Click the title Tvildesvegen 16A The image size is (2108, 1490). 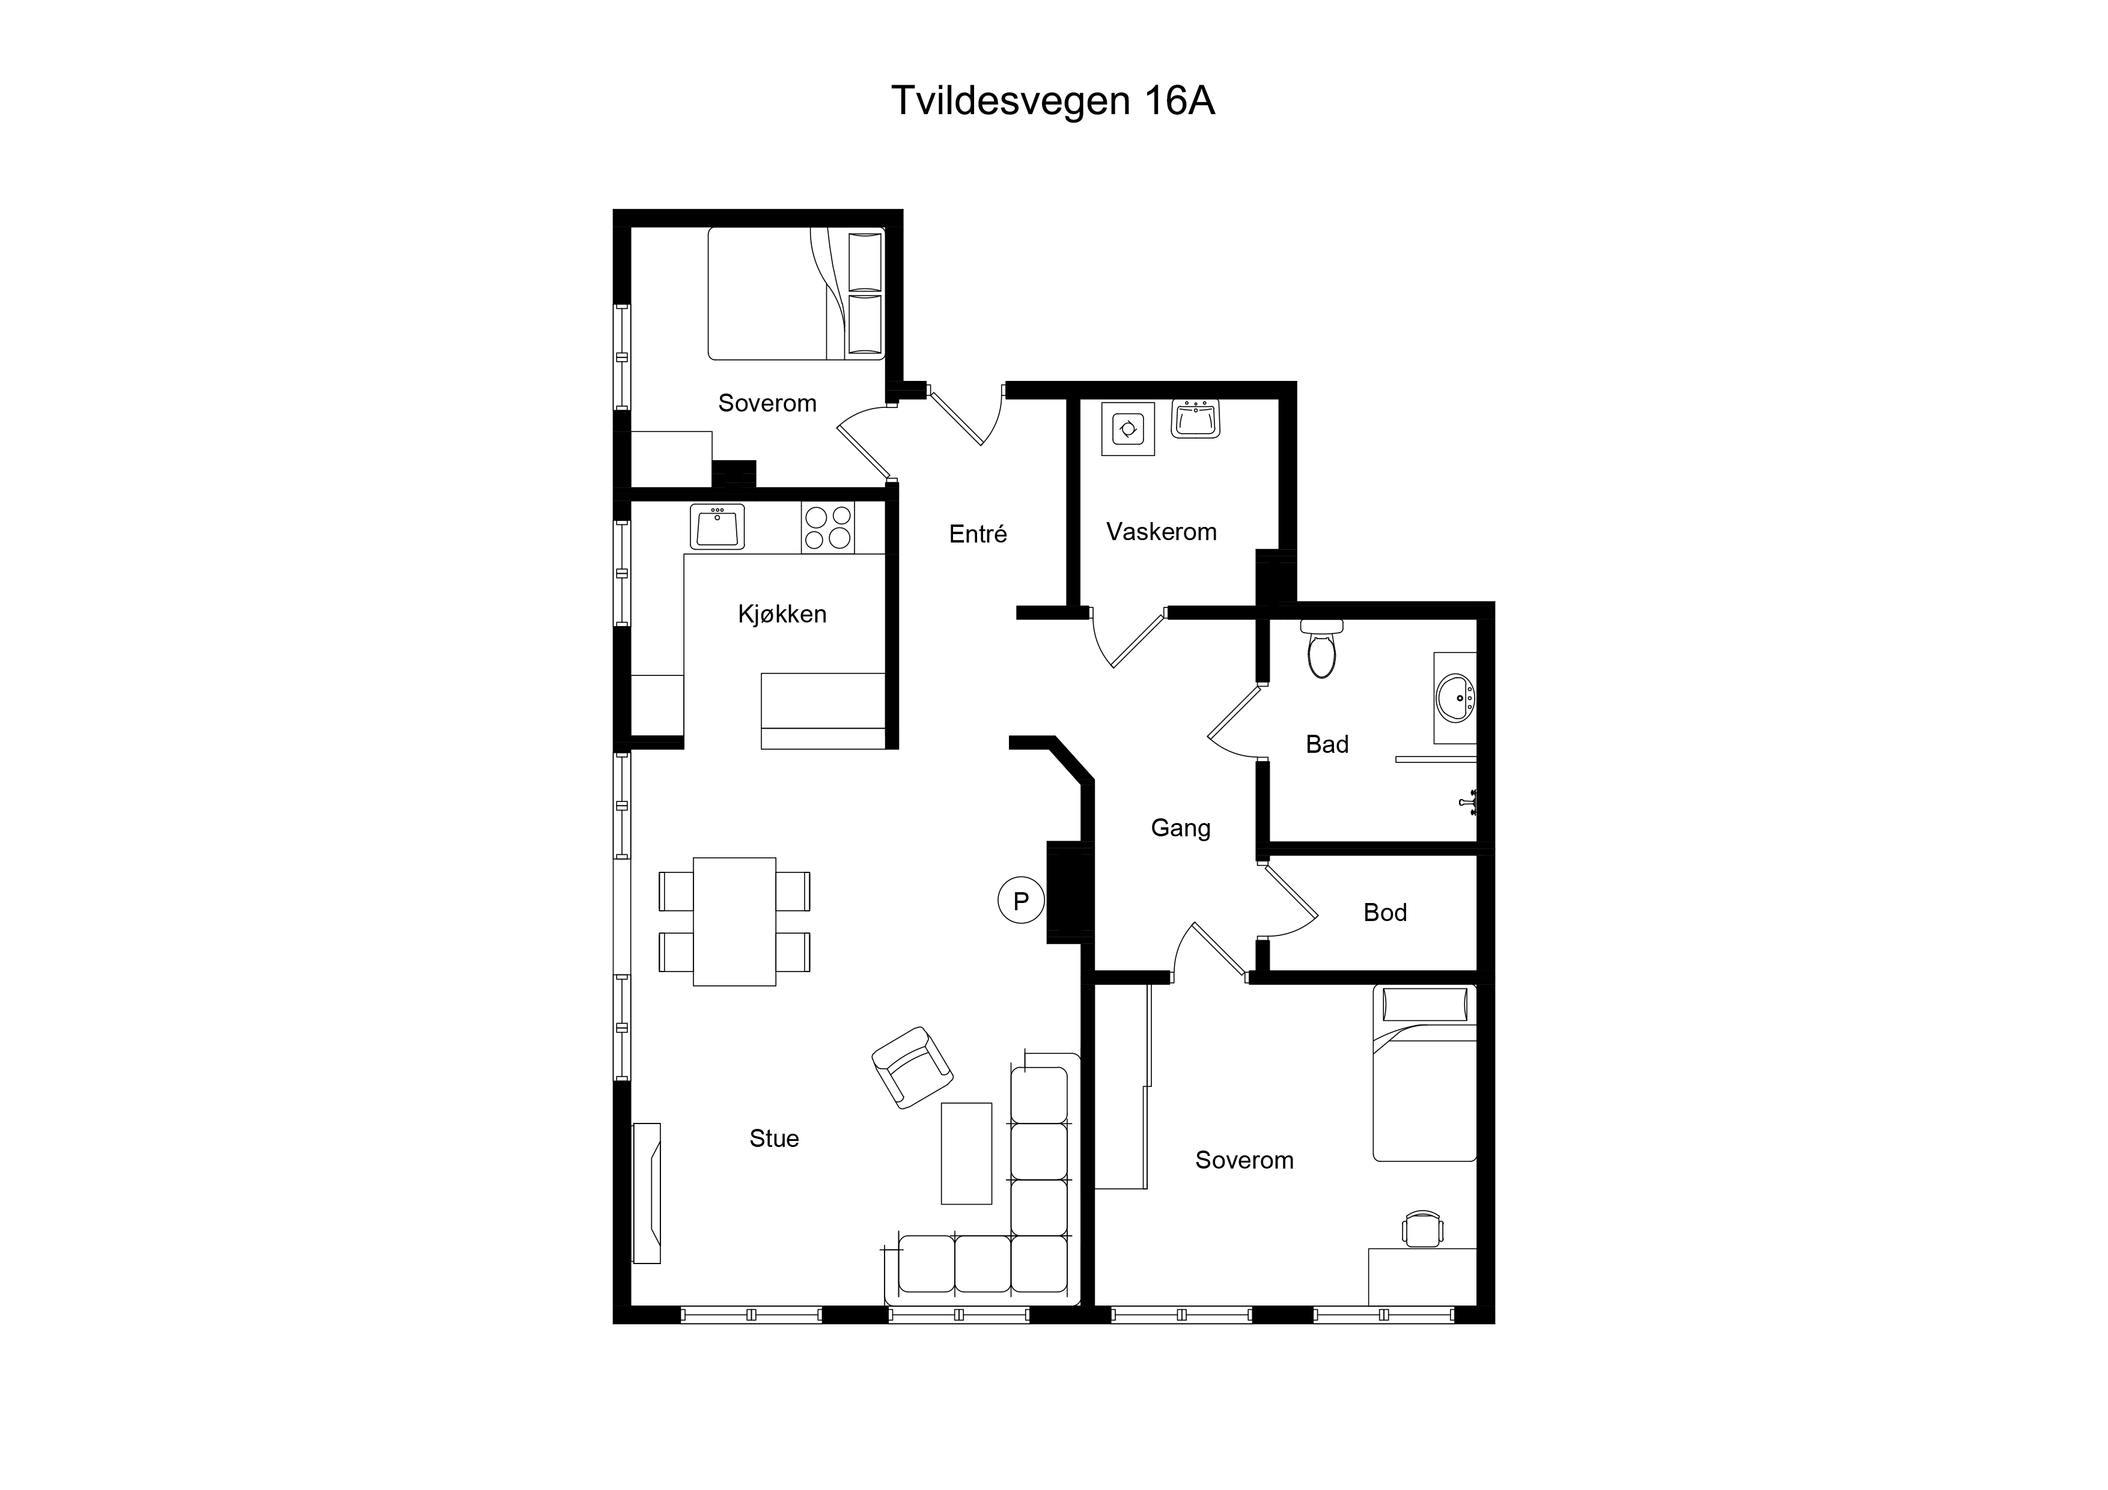[x=1053, y=101]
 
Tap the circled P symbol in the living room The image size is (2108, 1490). [x=1021, y=901]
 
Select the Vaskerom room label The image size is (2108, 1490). [x=1162, y=532]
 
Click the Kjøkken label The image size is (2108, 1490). [x=782, y=614]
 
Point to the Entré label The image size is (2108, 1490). [x=978, y=534]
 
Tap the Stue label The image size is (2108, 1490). [x=774, y=1139]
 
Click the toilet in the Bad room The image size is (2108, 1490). [x=1321, y=649]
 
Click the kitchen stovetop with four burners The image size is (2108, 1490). [x=828, y=527]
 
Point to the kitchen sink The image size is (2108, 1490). [x=717, y=527]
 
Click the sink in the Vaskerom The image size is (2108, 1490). [x=1195, y=419]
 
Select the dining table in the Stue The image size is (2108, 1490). [x=734, y=922]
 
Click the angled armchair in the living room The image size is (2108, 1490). [x=912, y=1068]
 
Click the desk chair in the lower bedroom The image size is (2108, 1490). [x=1423, y=1229]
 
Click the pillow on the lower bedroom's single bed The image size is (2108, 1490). [x=1425, y=1005]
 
